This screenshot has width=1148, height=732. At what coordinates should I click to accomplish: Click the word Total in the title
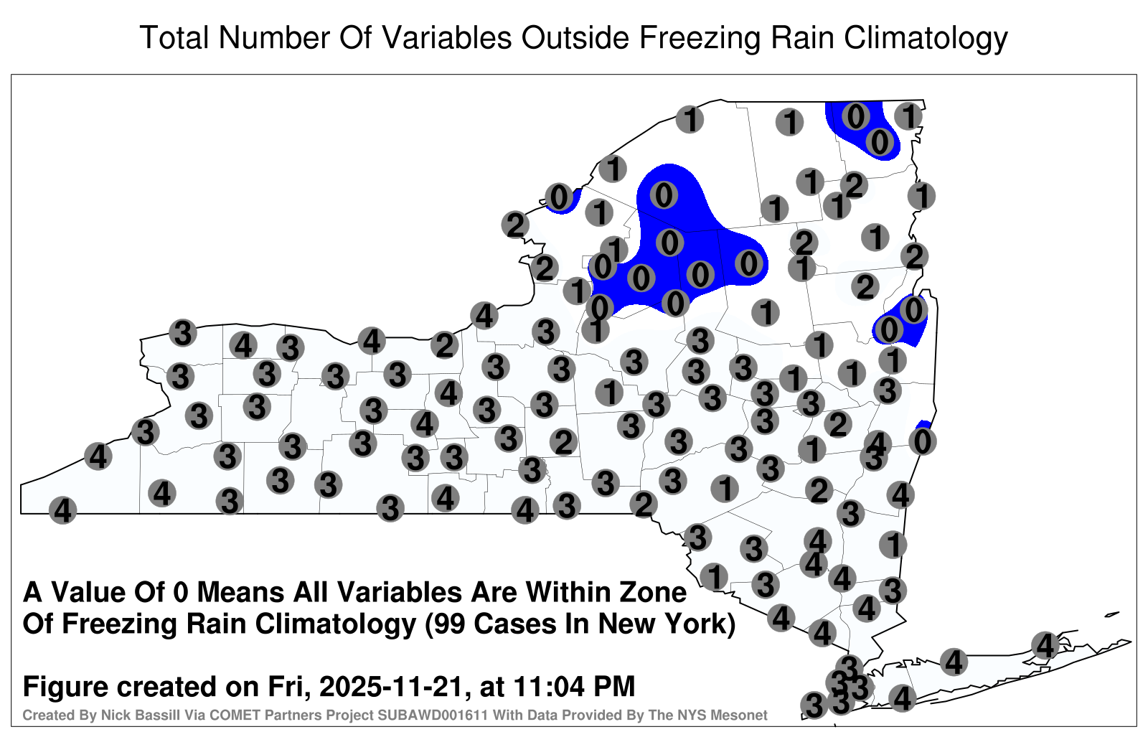tap(175, 37)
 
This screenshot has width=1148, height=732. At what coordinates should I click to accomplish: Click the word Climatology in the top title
tap(926, 39)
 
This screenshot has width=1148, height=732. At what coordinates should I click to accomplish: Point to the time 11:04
tap(548, 686)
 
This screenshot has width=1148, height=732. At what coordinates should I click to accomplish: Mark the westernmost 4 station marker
tap(62, 510)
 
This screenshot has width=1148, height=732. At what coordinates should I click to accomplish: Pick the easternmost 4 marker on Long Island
tap(1045, 645)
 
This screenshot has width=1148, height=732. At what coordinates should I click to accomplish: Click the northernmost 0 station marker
tap(855, 116)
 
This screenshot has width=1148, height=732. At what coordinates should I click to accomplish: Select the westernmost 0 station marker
tap(559, 197)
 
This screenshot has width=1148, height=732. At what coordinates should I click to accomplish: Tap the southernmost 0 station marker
tap(923, 441)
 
